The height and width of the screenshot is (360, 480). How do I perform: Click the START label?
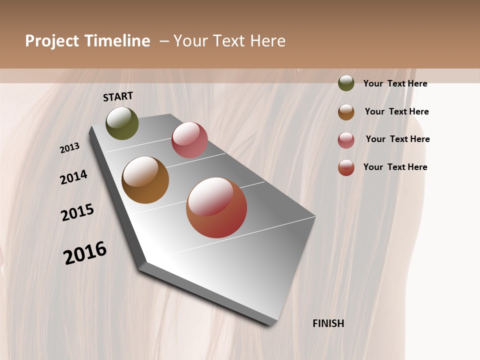click(118, 96)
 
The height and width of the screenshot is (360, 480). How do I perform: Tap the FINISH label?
click(328, 323)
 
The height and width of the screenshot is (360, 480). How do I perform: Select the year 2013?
click(70, 148)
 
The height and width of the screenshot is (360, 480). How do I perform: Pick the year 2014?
click(73, 177)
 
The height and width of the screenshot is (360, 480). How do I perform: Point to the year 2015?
click(77, 212)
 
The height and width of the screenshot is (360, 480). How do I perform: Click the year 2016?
click(85, 253)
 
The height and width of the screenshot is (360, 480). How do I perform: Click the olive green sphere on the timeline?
click(122, 123)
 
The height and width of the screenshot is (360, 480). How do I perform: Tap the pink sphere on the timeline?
click(189, 140)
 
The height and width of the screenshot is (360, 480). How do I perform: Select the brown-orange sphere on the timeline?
click(145, 180)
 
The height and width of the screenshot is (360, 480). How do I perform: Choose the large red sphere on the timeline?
click(216, 207)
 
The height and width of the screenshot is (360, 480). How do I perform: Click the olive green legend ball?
click(346, 83)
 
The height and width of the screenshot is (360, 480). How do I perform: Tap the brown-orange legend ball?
click(346, 112)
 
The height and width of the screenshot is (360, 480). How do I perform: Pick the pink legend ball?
click(346, 140)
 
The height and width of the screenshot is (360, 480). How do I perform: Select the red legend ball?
click(346, 167)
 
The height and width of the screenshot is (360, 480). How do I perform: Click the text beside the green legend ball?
click(395, 83)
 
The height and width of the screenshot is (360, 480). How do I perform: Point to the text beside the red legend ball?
click(395, 167)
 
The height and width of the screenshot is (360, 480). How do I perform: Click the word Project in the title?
click(52, 41)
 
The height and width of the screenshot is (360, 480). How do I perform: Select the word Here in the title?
click(267, 41)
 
